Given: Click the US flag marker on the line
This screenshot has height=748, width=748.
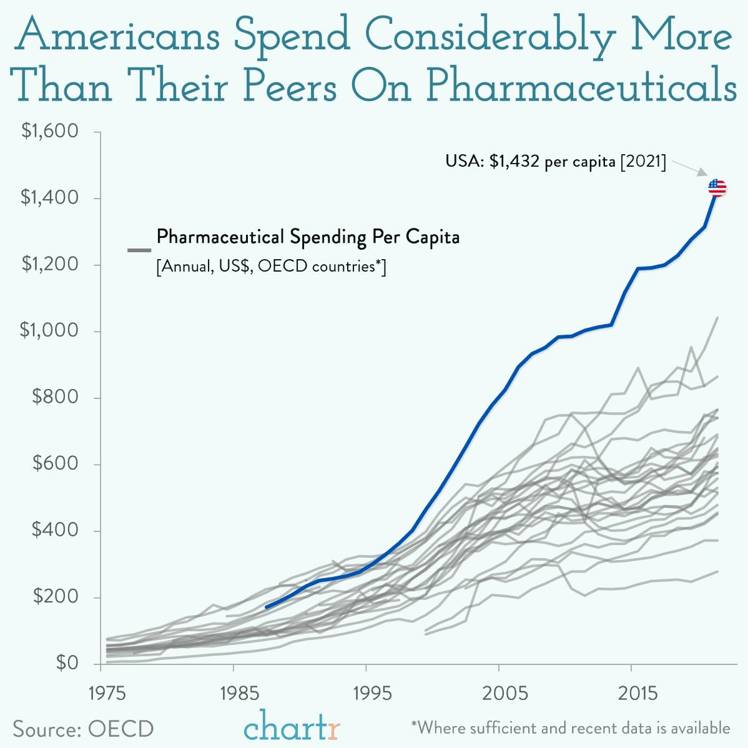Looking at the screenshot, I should click(717, 187).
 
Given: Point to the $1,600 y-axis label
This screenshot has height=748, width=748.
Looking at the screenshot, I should click(49, 132).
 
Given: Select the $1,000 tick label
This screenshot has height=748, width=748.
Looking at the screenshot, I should click(49, 330).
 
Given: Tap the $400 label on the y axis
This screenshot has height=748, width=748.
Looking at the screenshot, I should click(55, 530).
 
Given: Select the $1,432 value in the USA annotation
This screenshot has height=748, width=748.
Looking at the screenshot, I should click(515, 162).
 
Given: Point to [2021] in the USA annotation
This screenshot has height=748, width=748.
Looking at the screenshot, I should click(642, 162).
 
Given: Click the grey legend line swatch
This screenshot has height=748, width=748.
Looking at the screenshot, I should click(139, 250).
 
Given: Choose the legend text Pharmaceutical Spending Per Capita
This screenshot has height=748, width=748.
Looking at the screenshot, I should click(308, 237).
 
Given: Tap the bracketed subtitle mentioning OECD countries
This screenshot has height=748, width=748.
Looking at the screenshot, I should click(271, 267).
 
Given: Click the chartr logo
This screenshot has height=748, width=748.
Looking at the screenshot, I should click(292, 726).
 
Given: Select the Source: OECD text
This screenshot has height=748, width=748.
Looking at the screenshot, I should click(83, 729).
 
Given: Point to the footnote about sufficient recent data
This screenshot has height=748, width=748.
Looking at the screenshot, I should click(570, 727).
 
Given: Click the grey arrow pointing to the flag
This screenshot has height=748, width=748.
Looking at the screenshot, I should click(689, 169).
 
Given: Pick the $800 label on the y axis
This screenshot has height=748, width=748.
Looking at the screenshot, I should click(55, 397).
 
